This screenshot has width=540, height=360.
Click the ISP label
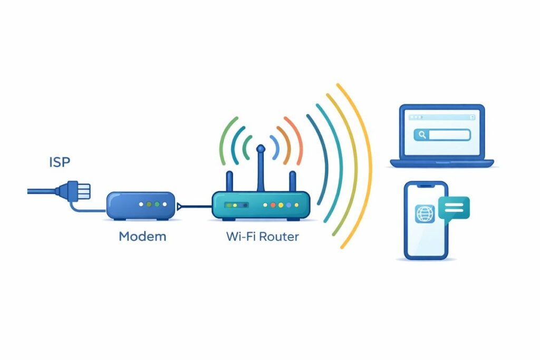pos(59,162)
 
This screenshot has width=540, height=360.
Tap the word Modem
pos(142,236)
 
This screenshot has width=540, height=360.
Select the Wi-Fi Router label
pos(262,236)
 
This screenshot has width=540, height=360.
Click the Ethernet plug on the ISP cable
pos(79,190)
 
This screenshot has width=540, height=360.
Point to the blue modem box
pos(140,206)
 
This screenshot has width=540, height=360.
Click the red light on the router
pos(265,205)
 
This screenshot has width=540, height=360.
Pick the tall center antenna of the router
pos(260,171)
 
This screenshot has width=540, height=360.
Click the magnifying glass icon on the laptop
pos(422,135)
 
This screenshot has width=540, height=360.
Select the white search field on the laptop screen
pos(449,135)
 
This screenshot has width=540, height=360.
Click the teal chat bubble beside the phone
pos(454,208)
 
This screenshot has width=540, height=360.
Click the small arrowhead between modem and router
pos(180,206)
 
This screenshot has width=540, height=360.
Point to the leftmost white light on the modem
pos(140,204)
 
